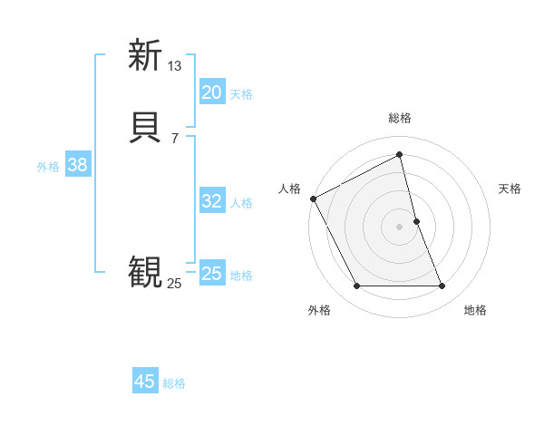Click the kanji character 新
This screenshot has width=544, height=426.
tap(145, 55)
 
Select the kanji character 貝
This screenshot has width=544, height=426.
tap(145, 127)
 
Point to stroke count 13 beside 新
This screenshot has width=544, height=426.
tap(175, 65)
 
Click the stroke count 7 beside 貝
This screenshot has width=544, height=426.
tap(175, 138)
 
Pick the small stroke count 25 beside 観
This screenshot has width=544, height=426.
tap(175, 284)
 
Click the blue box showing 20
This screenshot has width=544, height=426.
tap(212, 92)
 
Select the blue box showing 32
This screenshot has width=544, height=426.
tap(212, 201)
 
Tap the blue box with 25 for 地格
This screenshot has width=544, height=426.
tap(212, 274)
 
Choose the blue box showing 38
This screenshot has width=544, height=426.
tap(78, 165)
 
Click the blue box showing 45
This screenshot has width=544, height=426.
tap(145, 382)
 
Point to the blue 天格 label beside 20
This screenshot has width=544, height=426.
tap(241, 93)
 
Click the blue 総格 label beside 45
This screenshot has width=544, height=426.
tap(174, 383)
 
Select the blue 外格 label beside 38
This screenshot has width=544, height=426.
tap(48, 167)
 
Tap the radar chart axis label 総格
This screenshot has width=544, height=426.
tap(400, 118)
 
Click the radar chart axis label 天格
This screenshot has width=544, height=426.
tap(510, 189)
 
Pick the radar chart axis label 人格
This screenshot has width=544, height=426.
tap(289, 189)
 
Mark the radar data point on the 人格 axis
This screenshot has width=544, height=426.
tap(313, 198)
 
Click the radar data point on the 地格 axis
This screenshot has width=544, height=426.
tap(442, 286)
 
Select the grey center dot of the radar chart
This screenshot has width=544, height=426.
tap(400, 227)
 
